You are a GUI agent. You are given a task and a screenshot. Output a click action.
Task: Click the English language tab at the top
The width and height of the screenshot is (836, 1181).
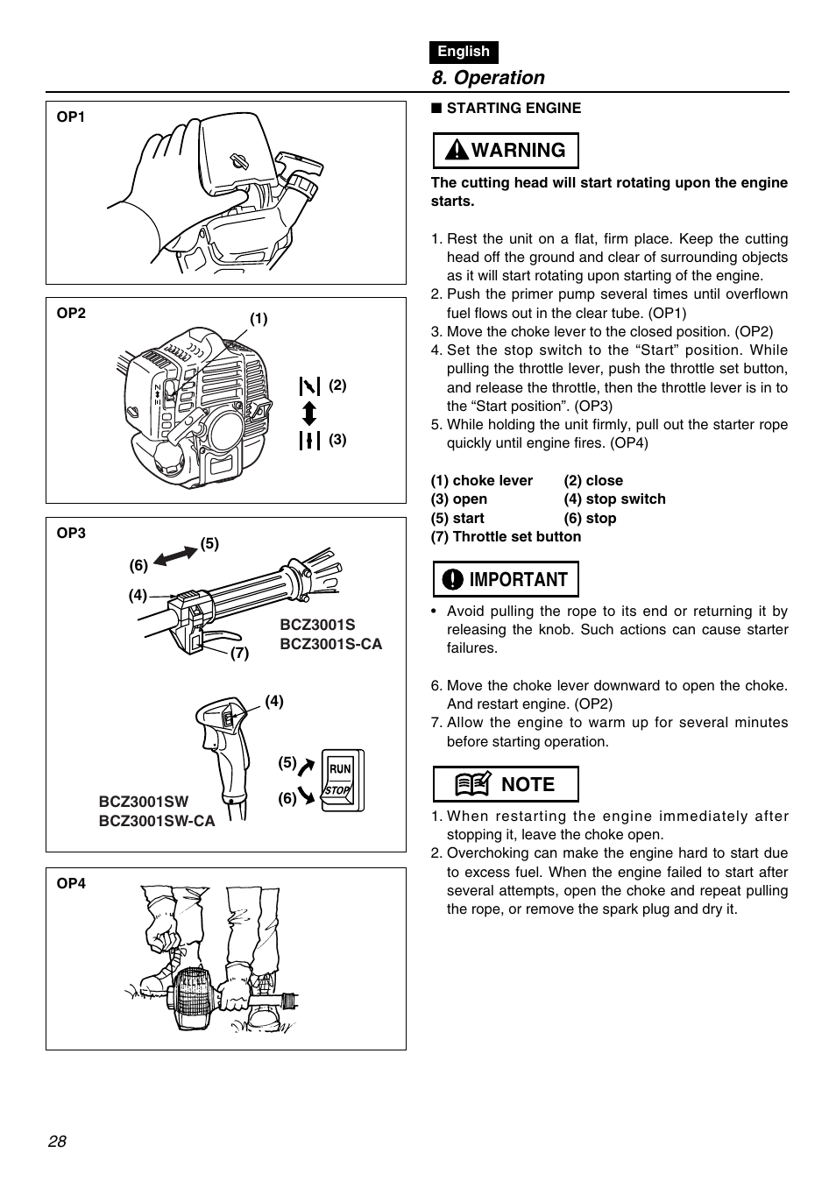tap(464, 52)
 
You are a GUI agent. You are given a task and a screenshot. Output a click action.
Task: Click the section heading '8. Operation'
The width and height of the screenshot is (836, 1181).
tap(488, 78)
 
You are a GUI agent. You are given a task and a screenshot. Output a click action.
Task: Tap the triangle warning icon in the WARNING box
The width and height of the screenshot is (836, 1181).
tap(456, 151)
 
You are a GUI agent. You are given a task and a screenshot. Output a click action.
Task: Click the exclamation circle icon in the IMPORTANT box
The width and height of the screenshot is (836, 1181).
tap(452, 580)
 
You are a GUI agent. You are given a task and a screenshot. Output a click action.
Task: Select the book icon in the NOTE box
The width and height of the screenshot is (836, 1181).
tap(472, 784)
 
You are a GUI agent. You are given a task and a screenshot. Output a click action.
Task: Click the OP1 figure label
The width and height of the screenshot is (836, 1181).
tap(71, 117)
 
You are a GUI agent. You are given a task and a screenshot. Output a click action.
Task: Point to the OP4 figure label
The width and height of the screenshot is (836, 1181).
tap(71, 884)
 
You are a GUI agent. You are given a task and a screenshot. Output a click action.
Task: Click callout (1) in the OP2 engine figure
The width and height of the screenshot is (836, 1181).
tap(259, 319)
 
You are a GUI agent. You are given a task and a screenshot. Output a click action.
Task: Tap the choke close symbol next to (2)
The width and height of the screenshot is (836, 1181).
tap(309, 385)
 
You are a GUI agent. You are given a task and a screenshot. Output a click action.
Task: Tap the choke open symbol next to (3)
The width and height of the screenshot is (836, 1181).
tap(309, 440)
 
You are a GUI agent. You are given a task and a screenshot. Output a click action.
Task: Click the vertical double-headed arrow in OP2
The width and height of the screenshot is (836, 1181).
tap(309, 413)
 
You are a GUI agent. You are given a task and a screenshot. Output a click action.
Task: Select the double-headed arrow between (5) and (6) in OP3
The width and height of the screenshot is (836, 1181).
tap(174, 555)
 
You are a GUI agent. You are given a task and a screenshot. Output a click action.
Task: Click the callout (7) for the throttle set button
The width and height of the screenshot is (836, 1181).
tap(240, 654)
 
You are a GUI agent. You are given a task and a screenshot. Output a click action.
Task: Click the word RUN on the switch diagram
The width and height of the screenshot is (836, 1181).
tap(340, 769)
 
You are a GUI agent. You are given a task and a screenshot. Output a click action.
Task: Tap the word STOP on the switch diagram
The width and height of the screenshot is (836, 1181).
tap(337, 790)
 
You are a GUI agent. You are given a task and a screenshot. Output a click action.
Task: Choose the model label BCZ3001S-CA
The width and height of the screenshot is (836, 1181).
tap(330, 644)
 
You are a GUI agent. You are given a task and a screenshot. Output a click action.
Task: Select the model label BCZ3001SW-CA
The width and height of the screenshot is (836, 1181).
tap(156, 821)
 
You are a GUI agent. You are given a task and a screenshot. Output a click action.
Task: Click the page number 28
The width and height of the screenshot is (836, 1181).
tap(58, 1142)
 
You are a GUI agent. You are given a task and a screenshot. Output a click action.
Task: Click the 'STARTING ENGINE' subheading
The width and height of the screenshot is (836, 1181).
tap(514, 109)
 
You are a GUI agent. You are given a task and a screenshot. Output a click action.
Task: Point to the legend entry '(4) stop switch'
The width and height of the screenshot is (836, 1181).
tap(614, 499)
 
